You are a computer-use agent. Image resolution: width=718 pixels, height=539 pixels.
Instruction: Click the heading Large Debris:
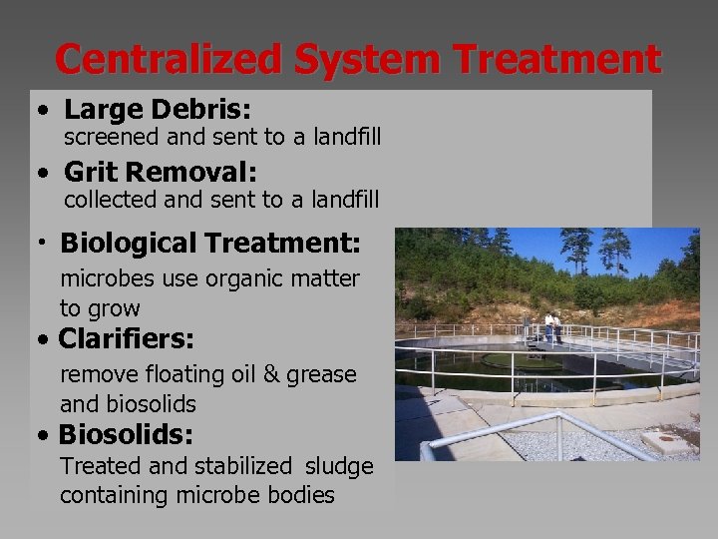(160, 110)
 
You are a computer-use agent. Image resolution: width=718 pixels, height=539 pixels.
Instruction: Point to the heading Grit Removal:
(161, 173)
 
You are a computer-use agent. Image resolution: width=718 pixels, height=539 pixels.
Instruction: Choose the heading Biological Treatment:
(210, 243)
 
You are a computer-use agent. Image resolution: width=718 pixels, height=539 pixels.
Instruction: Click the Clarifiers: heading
(126, 339)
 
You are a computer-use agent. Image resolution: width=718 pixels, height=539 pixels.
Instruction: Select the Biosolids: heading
(126, 435)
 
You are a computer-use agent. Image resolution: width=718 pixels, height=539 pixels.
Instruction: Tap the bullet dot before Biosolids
(40, 436)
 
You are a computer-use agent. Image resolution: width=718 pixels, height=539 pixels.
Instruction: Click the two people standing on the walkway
(551, 326)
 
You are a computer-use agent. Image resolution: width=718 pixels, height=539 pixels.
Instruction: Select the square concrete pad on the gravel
(665, 440)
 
